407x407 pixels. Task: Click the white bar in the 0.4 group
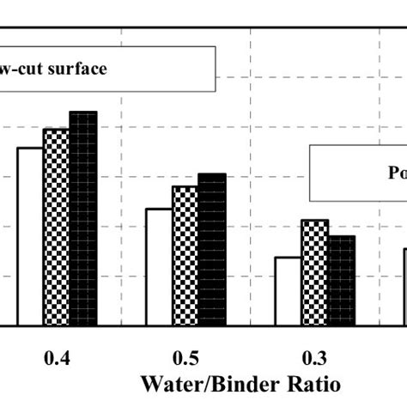[30, 236]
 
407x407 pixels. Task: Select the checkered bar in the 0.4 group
[57, 228]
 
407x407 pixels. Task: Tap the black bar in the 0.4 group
[83, 219]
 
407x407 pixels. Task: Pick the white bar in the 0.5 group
[159, 267]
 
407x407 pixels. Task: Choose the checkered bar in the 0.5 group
[185, 256]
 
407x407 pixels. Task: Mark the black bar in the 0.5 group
[212, 250]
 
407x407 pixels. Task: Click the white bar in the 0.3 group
[288, 291]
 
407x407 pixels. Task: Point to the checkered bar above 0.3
[314, 273]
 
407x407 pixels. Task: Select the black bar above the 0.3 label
[341, 281]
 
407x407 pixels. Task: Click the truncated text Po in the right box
[398, 173]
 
